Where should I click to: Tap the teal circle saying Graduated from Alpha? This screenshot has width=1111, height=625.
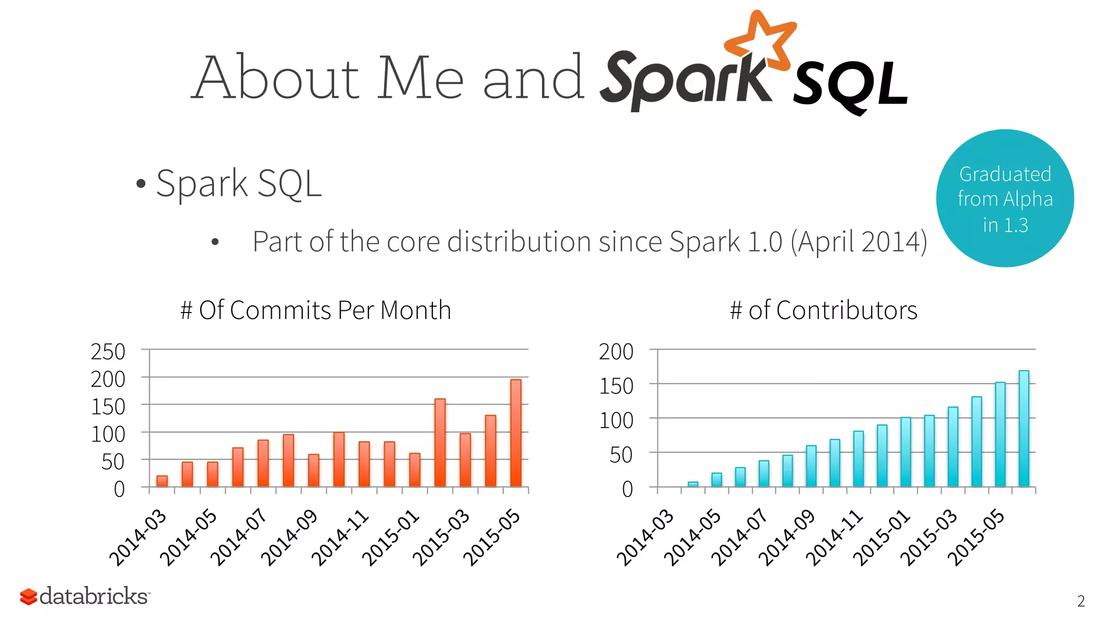(1005, 199)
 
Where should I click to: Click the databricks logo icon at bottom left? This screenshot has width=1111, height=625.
(28, 596)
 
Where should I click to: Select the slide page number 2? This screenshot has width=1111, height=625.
(1081, 601)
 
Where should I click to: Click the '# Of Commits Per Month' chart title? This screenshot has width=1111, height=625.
(316, 310)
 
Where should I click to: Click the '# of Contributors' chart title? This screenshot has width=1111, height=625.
(823, 310)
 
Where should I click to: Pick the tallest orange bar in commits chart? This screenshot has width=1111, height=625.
(516, 432)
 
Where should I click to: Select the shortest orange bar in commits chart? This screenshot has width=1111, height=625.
(162, 481)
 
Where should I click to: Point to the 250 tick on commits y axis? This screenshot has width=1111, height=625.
(108, 352)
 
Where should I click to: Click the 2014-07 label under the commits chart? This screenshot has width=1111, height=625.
(239, 537)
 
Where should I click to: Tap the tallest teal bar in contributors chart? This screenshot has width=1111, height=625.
(1024, 428)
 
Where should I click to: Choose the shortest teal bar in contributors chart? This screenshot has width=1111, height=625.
(693, 484)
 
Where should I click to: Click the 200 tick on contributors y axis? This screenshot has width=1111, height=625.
(616, 352)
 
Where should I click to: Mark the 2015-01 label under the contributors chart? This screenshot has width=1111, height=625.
(881, 537)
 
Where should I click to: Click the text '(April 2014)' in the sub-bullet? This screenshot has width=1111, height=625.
(859, 242)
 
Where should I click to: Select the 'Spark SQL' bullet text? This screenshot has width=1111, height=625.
(239, 183)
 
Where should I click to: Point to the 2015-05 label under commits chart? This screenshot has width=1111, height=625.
(491, 537)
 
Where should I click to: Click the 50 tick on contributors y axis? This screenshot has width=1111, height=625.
(621, 455)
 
